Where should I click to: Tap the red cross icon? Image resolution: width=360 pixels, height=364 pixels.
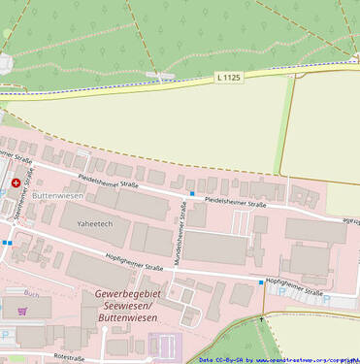(16, 182)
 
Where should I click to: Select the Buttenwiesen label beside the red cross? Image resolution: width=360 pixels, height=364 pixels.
(57, 196)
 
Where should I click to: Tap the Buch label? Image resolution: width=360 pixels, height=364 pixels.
(31, 292)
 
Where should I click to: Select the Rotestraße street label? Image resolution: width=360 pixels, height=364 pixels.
(77, 357)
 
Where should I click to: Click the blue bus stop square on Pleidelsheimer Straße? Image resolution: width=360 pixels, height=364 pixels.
(192, 194)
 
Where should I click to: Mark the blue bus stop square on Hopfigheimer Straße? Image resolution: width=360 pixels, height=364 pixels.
(260, 282)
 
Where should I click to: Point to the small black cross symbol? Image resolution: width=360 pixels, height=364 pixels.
(262, 318)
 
